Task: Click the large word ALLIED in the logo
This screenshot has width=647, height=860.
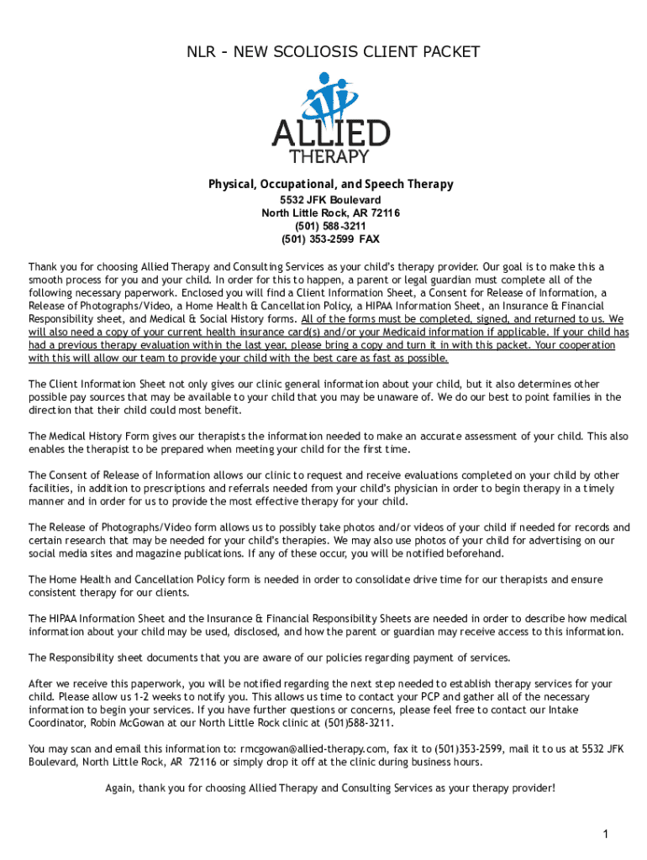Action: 330,134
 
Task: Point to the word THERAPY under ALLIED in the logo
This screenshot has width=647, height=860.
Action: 329,157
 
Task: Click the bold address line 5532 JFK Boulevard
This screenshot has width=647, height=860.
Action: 330,201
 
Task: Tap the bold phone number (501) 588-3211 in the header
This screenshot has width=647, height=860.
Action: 330,227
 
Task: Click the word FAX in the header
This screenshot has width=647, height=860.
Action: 370,239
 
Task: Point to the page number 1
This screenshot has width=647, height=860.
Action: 605,834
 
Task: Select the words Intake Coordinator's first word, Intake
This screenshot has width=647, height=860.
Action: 593,711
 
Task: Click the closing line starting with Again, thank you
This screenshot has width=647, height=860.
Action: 329,788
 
